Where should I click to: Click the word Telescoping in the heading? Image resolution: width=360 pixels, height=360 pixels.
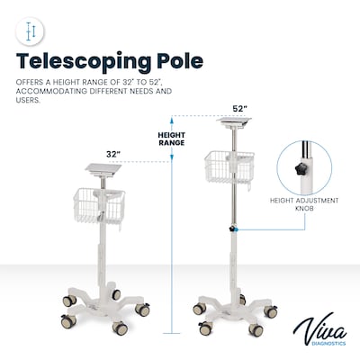coord(84,62)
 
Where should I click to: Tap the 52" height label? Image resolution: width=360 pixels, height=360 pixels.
coord(239,109)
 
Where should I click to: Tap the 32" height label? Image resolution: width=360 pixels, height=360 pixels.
coord(113,154)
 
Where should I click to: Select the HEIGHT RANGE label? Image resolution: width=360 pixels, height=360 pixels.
coord(172,139)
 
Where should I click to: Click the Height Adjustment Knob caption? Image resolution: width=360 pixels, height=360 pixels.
coord(304,204)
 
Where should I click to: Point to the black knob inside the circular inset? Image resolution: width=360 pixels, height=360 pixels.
coord(300,169)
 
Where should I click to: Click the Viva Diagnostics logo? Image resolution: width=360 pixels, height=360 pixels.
coord(319,329)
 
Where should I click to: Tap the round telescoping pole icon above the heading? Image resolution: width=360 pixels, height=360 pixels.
coord(30,31)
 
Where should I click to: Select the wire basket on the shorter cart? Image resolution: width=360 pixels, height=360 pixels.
coord(99,205)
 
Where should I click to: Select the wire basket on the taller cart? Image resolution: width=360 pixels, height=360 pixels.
coord(229,167)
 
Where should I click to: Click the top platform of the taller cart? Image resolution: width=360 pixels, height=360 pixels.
coord(234,121)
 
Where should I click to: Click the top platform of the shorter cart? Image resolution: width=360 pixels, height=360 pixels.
coord(103,170)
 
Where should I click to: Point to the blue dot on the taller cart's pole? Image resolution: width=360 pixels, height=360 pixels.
coord(237,229)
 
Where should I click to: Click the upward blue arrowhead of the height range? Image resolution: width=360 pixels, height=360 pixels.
coord(172,121)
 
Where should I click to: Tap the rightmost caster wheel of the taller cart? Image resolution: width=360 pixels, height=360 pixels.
coord(271,311)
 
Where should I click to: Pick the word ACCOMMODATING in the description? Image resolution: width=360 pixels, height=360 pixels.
coord(50,91)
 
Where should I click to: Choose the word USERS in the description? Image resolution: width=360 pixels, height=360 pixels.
coord(28,100)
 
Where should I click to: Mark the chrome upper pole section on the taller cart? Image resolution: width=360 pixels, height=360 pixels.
coord(235,178)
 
